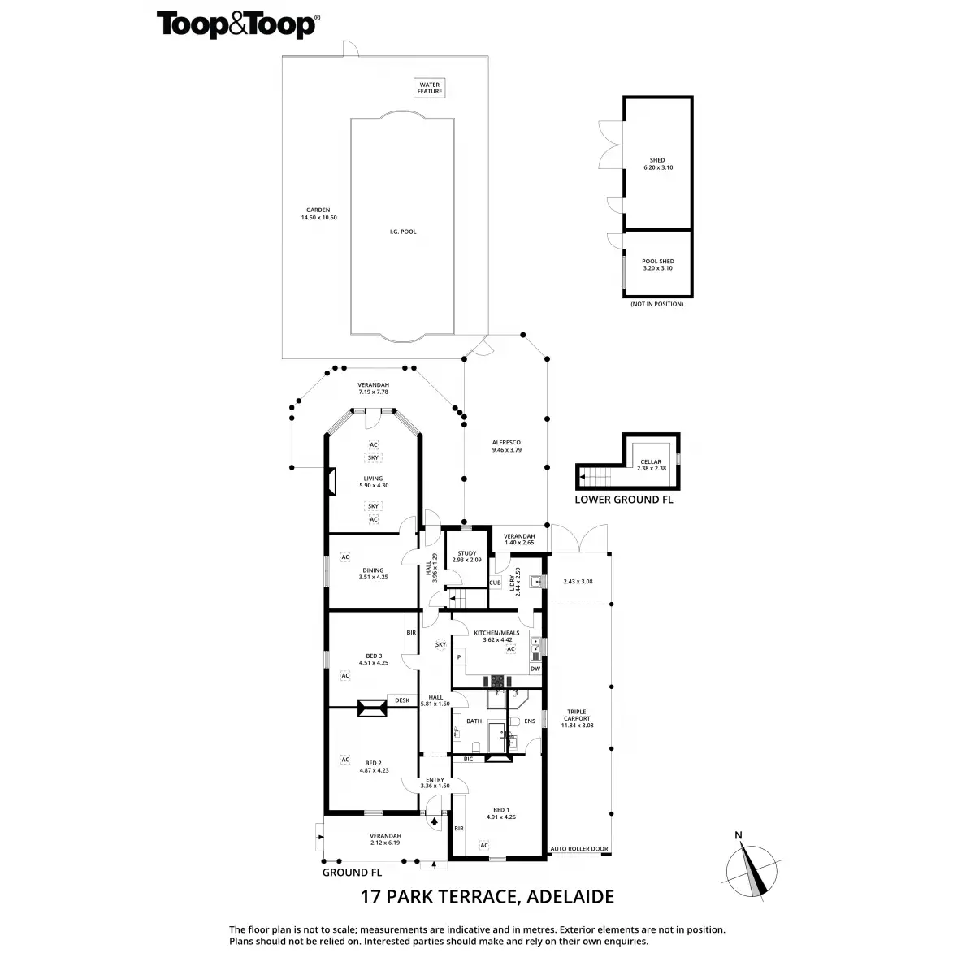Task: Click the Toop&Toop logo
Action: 236,24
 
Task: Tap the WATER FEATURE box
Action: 430,88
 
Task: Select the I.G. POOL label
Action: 402,232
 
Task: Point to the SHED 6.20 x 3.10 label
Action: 656,163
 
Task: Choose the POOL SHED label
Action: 657,264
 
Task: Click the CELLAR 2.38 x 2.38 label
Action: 651,465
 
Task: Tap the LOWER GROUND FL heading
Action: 623,500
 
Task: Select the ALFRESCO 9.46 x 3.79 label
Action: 506,446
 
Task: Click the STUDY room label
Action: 466,557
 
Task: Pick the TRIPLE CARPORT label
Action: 577,718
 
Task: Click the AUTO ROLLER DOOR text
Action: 579,849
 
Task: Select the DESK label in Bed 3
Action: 401,700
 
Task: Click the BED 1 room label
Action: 501,813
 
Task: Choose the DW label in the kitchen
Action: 535,669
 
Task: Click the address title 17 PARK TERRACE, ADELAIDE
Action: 487,897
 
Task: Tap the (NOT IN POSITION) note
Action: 656,304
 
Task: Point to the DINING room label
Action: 373,574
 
